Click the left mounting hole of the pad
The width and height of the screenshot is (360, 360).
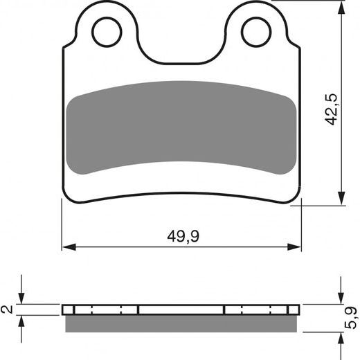click(107, 31)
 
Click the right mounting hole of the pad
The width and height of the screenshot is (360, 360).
click(255, 31)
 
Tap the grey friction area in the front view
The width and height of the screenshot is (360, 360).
click(182, 125)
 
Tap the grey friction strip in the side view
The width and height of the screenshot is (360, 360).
click(181, 323)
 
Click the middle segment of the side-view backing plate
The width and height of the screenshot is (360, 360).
click(181, 309)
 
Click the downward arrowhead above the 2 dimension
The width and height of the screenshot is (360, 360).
click(22, 298)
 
